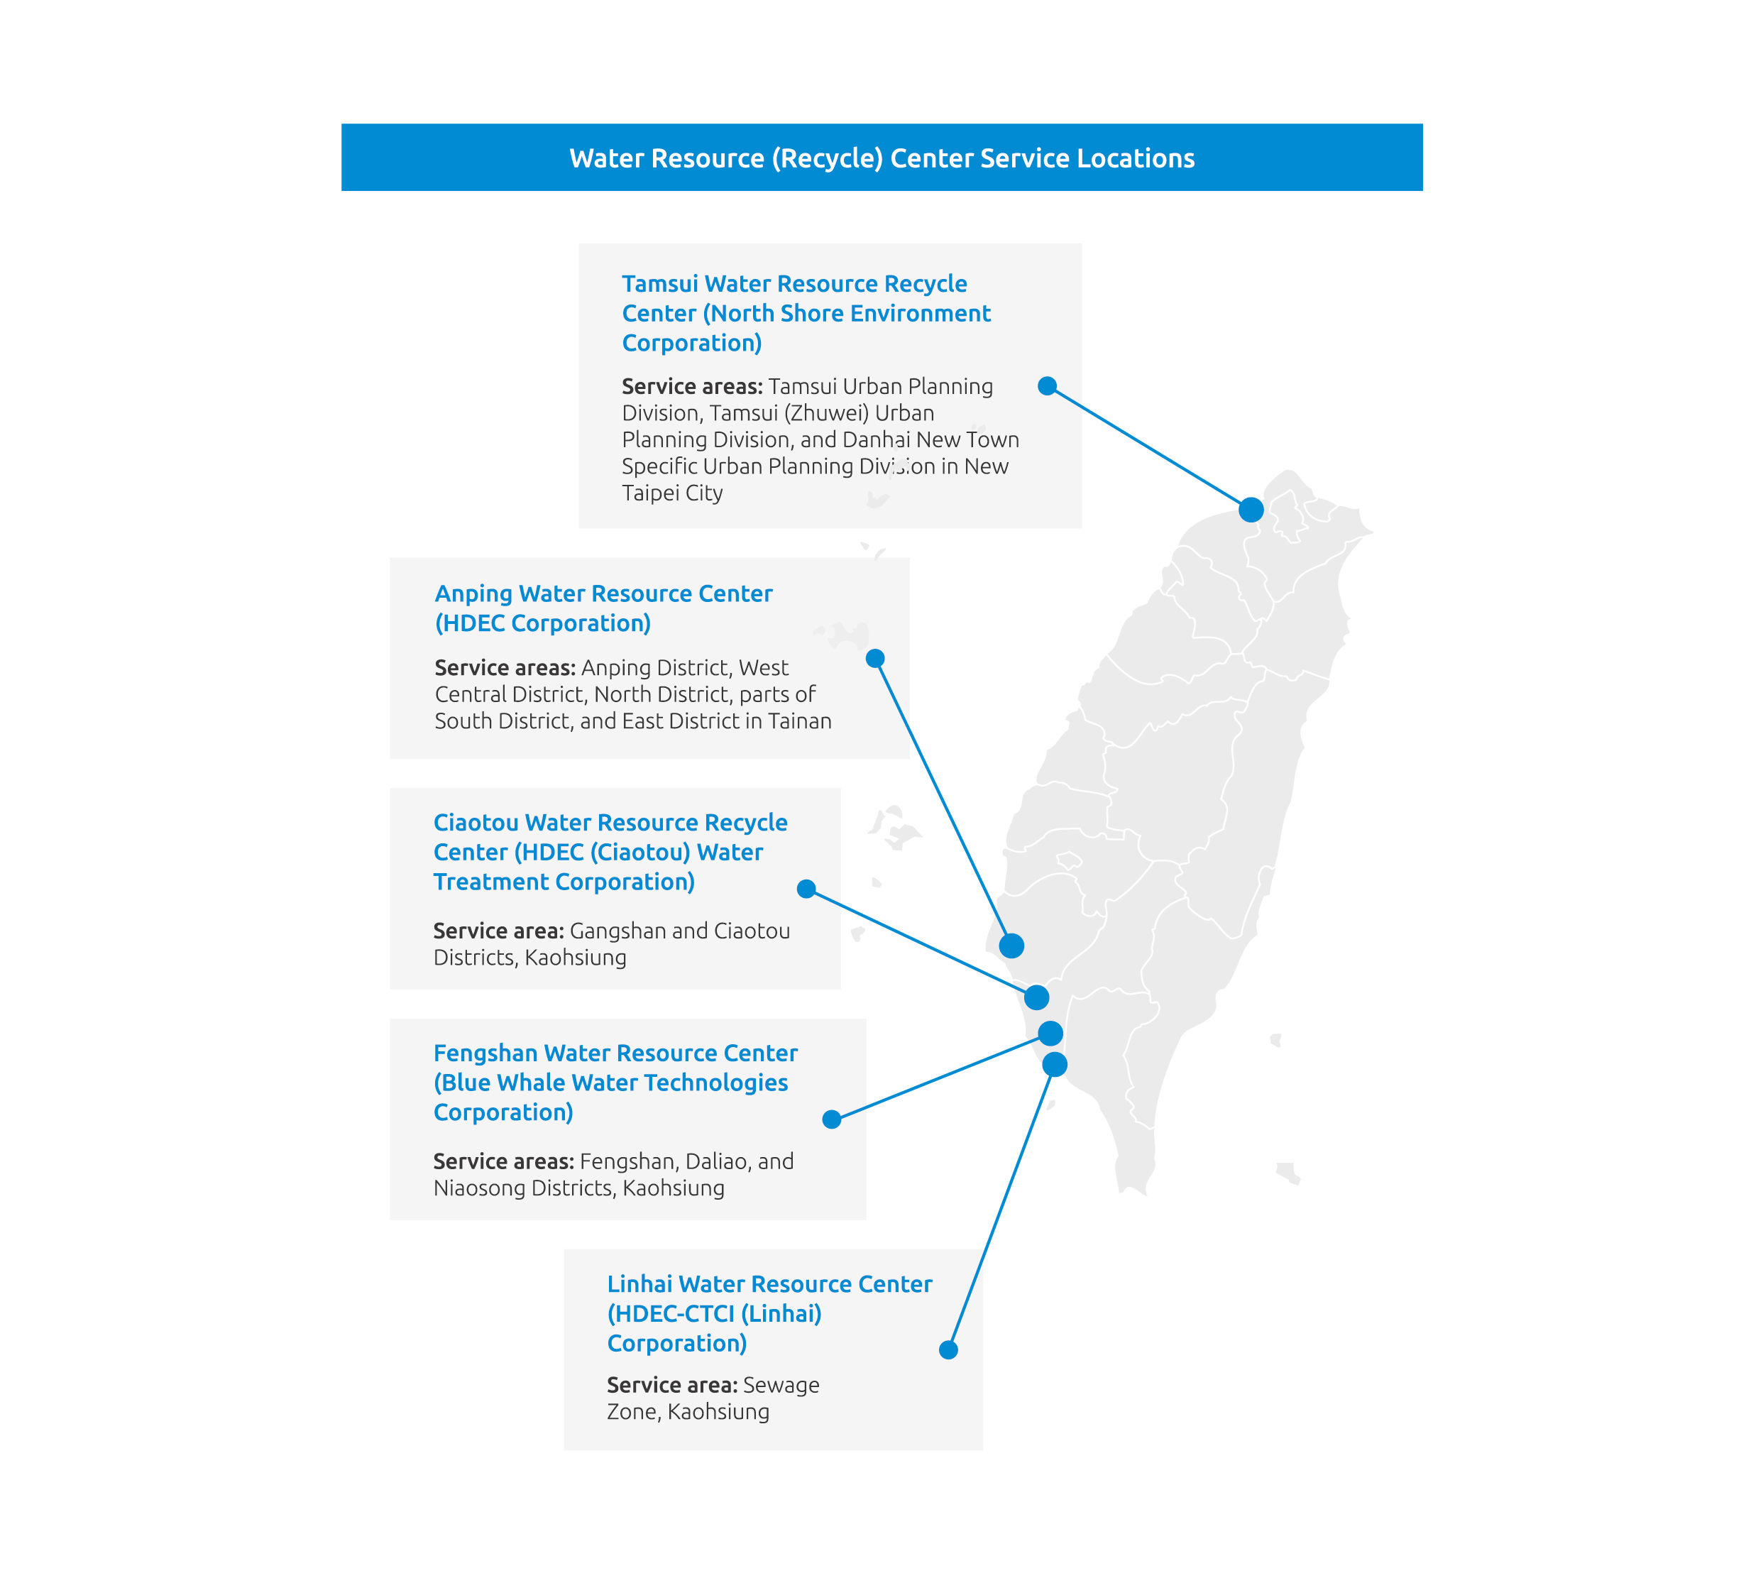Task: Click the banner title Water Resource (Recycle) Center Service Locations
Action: point(882,158)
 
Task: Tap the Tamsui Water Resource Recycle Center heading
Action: point(806,314)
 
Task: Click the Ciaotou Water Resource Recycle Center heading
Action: point(610,852)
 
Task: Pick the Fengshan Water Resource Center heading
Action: point(615,1083)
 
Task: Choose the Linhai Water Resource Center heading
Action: point(769,1314)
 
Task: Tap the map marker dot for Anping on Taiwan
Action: point(1011,946)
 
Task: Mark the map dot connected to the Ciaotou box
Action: point(1037,997)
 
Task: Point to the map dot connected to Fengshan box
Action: point(1050,1033)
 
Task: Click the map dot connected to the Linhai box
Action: point(1055,1064)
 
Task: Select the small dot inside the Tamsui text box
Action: point(1047,386)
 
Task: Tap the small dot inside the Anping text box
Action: point(874,658)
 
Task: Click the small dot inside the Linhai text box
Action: point(948,1350)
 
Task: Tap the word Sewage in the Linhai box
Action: point(781,1386)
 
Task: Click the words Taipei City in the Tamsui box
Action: point(672,493)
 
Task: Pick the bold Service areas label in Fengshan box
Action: point(503,1161)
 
